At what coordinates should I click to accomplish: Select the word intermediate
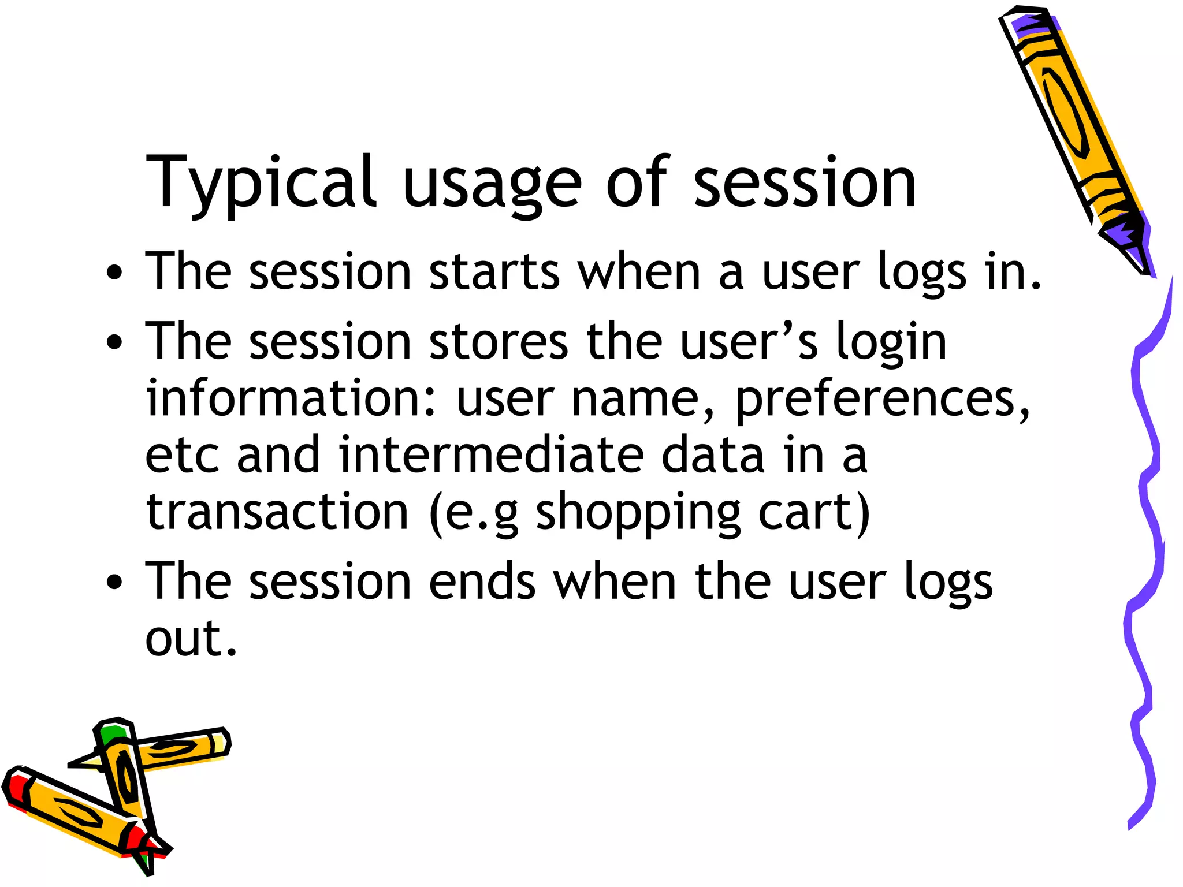tap(491, 456)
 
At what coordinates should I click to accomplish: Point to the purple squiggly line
tap(1147, 520)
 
